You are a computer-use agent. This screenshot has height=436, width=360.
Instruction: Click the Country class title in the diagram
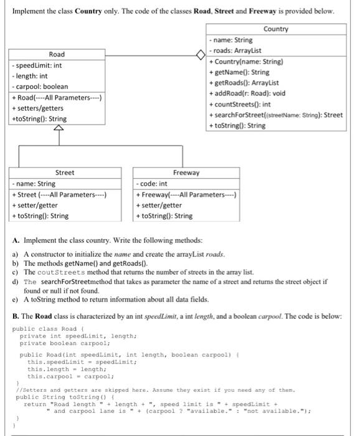276,29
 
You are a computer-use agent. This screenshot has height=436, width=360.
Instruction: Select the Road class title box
56,54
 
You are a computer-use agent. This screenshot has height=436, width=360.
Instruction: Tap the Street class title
64,173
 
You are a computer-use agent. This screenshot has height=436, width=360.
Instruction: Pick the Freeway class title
186,173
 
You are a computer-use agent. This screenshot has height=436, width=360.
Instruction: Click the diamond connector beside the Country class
201,54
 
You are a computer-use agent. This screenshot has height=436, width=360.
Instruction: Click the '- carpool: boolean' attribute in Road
40,86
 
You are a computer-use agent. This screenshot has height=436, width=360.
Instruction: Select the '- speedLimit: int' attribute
38,65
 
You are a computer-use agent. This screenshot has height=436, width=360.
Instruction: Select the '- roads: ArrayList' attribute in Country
239,50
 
